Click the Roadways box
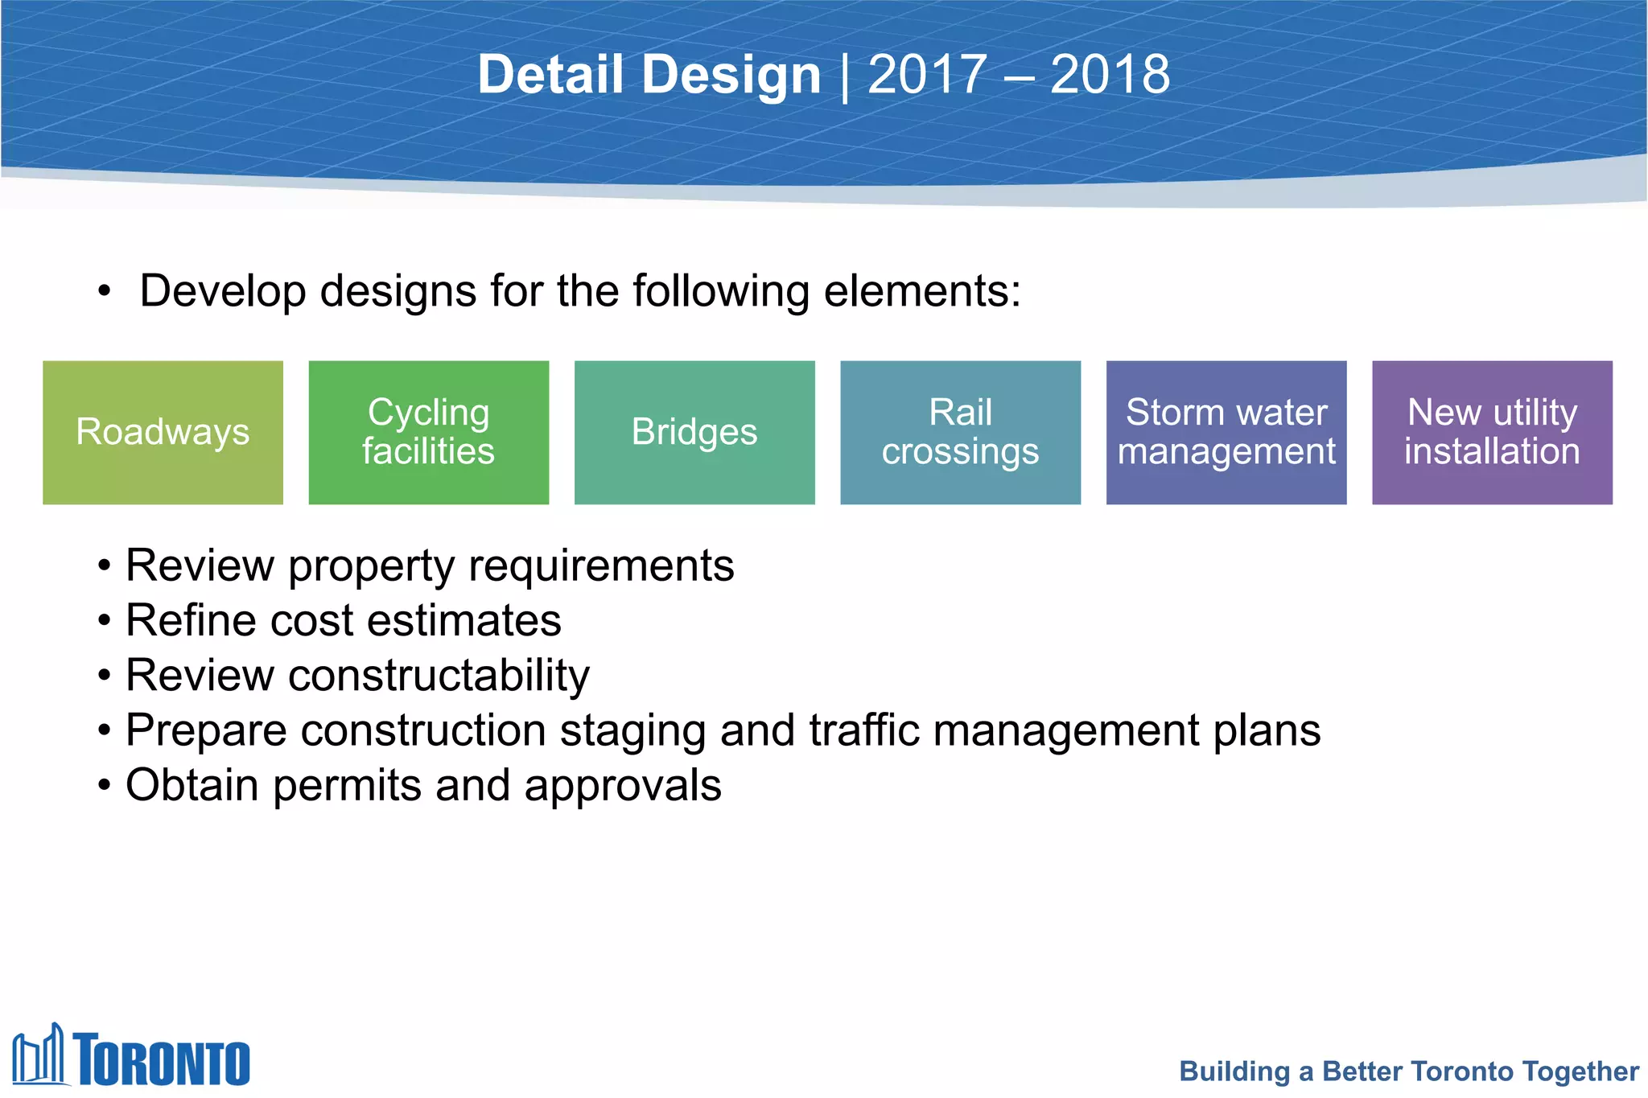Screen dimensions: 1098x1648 (x=163, y=433)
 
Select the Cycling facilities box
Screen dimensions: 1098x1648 (x=428, y=433)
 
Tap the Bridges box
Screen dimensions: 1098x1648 (x=694, y=433)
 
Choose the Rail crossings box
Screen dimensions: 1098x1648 (x=960, y=433)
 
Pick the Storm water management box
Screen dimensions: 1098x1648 (x=1226, y=433)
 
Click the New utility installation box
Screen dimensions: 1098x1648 (x=1492, y=433)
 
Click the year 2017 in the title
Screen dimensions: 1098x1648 (x=927, y=75)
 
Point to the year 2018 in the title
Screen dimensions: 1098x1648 (x=1110, y=75)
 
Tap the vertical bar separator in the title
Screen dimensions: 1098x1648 (x=844, y=76)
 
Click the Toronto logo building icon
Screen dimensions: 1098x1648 (x=38, y=1055)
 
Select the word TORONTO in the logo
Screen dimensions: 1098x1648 (x=163, y=1060)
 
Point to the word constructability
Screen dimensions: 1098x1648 (x=439, y=675)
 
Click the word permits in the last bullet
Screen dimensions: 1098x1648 (x=347, y=786)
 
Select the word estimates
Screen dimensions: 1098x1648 (x=464, y=621)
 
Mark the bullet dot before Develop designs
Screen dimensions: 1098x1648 (x=105, y=291)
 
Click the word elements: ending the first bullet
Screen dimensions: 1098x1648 (x=922, y=291)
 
